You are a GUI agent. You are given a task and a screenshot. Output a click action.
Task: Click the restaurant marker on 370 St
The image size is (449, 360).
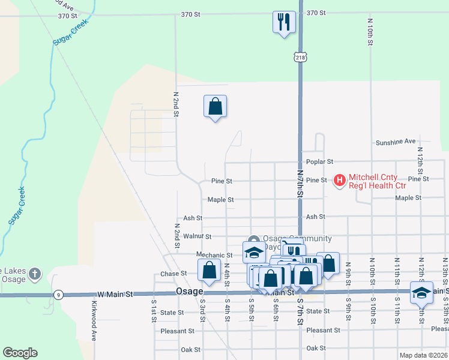coord(283,22)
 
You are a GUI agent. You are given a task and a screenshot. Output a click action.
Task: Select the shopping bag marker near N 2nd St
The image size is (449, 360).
coord(215,107)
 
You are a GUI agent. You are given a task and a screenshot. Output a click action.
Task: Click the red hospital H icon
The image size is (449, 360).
coord(340,179)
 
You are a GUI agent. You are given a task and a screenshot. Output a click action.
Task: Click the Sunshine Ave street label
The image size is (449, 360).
coord(396,142)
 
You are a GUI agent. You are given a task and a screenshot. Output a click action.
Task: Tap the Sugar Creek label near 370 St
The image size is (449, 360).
coord(70,34)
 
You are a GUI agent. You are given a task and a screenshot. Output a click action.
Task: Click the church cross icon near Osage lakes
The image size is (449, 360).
coord(35,274)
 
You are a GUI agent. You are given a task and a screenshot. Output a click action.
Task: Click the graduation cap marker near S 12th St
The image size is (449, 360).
coord(421,292)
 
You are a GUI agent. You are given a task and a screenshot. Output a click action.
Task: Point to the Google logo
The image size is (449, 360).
coord(20,353)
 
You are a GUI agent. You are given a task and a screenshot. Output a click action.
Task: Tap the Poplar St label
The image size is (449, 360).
coord(319,162)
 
